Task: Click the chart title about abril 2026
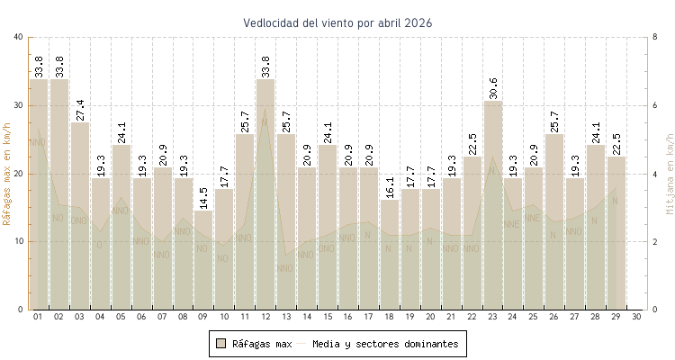pyautogui.click(x=337, y=22)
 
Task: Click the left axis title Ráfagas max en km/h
pyautogui.click(x=8, y=173)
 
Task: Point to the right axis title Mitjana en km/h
pyautogui.click(x=669, y=173)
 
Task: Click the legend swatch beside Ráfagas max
pyautogui.click(x=220, y=343)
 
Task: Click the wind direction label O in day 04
pyautogui.click(x=100, y=245)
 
